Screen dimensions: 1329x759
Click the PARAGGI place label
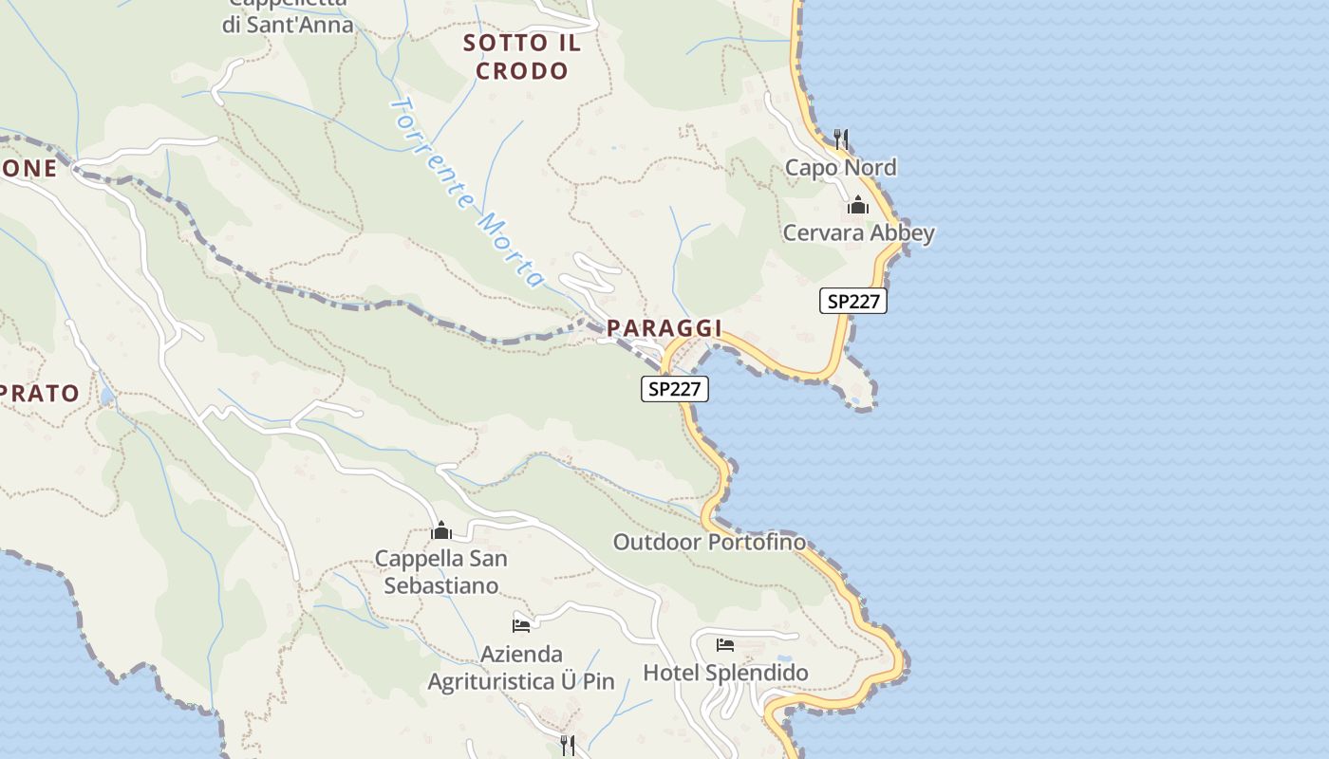(664, 328)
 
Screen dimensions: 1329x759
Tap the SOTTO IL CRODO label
(521, 57)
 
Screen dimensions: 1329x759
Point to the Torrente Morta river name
(468, 192)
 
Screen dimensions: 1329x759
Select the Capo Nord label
(840, 168)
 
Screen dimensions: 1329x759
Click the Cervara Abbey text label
(858, 233)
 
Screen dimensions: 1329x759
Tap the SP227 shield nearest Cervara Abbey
(853, 302)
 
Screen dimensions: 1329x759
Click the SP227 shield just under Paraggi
(674, 388)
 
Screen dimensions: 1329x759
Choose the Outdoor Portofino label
(709, 543)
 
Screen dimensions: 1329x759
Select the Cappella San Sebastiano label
(441, 572)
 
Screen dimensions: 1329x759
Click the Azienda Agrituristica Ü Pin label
(521, 668)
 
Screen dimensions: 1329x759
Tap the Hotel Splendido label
(726, 674)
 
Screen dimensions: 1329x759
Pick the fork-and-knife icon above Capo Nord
(840, 139)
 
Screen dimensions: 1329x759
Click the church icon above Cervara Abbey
(858, 205)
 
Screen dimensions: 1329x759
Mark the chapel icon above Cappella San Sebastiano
(440, 530)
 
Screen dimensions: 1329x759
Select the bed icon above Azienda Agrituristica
(521, 625)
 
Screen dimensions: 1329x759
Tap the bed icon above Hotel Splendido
(725, 646)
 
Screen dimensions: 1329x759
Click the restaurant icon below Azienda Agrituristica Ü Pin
(568, 745)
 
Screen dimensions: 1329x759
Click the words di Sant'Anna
(288, 26)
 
